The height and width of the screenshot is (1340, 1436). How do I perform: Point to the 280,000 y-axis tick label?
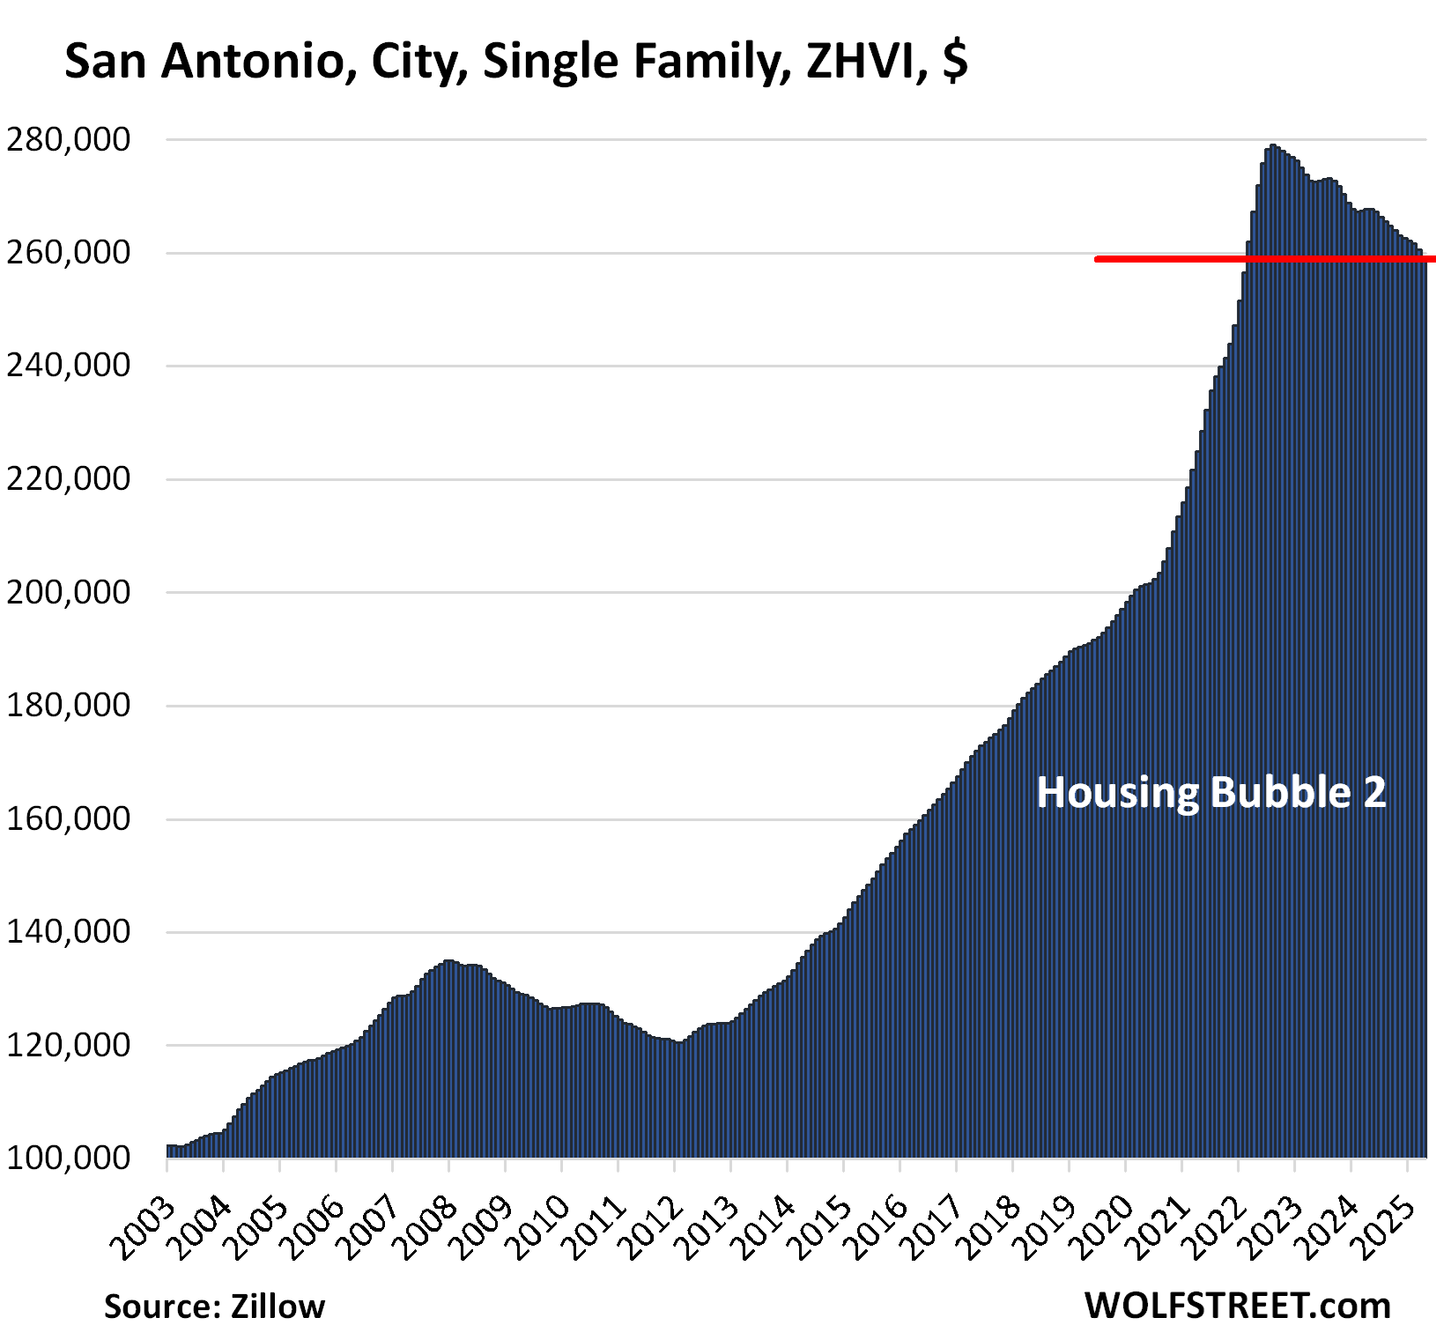click(68, 139)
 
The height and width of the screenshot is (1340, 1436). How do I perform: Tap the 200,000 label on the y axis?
click(68, 592)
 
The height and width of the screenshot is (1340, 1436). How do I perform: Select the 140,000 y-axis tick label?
click(68, 931)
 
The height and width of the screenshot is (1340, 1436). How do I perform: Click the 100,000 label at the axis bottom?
click(68, 1158)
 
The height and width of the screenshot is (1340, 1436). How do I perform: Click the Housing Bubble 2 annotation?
click(1211, 792)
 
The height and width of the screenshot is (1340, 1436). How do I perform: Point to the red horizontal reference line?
click(1264, 259)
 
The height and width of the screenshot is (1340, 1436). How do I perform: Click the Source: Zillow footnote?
click(214, 1306)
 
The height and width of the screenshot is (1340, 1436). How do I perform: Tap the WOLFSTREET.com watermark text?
click(1237, 1305)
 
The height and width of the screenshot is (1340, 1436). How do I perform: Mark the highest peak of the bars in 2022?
click(1272, 146)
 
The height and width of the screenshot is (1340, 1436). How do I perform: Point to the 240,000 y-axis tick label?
click(68, 366)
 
